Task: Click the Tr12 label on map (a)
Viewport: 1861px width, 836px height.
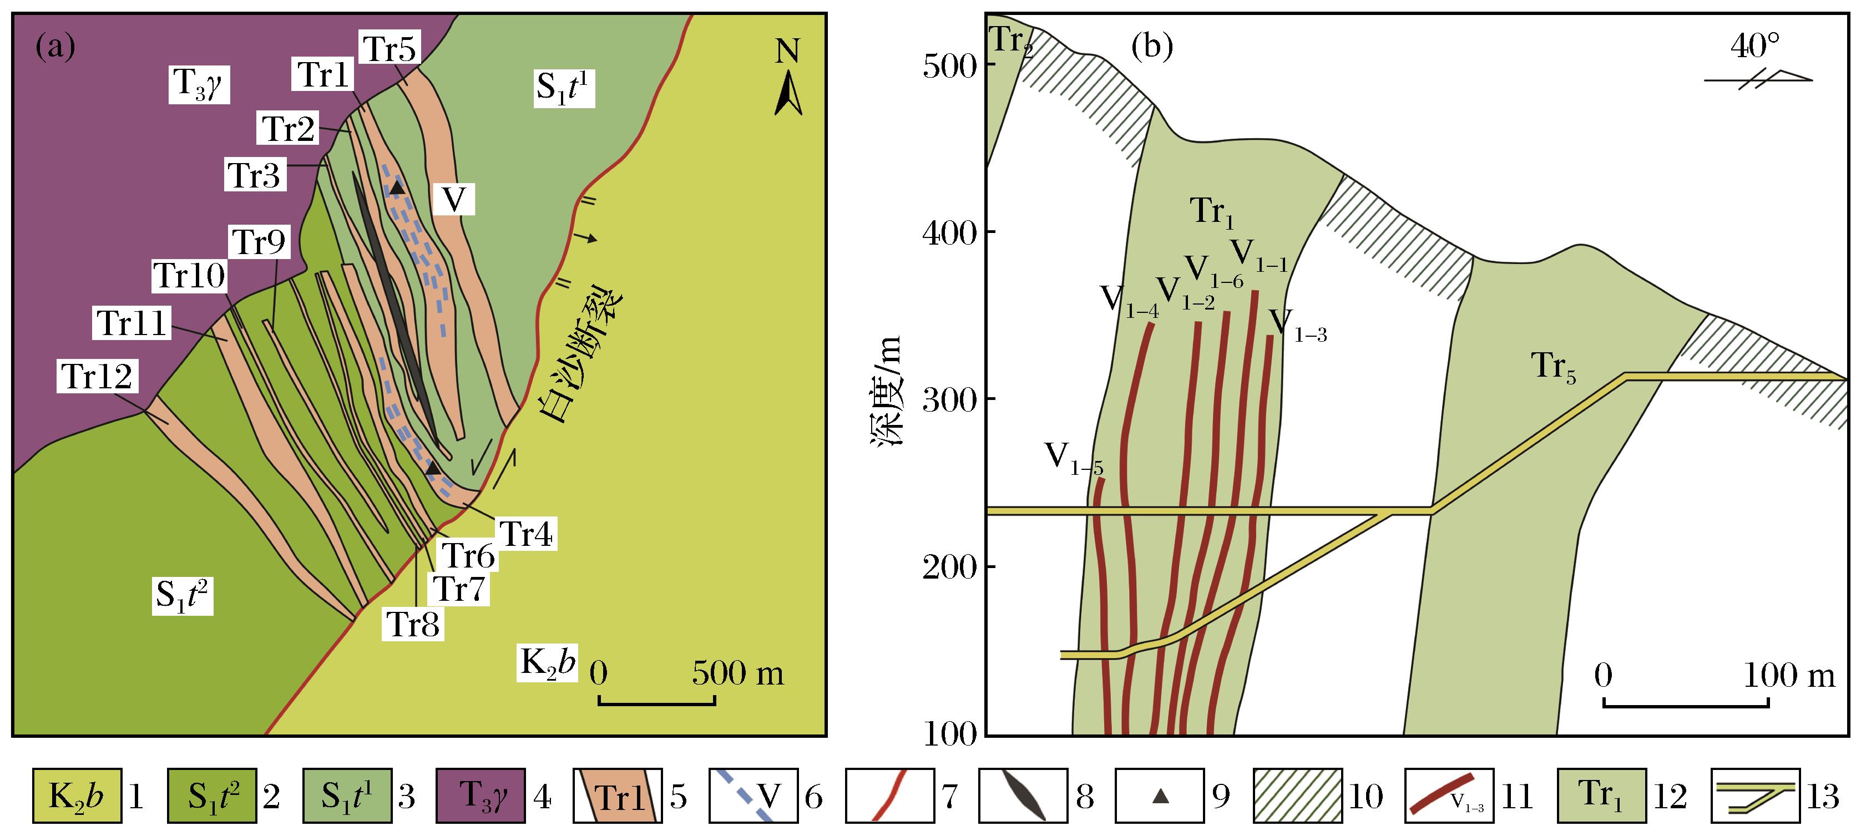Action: [97, 377]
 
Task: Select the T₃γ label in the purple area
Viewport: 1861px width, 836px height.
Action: [199, 84]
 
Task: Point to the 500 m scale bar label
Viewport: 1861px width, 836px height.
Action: [737, 673]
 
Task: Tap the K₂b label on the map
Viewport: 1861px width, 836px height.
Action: [548, 662]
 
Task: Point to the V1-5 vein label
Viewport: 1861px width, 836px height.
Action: [1074, 458]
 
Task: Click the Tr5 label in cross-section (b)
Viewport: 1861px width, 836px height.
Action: [1553, 368]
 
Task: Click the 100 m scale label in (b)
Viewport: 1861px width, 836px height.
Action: [1789, 676]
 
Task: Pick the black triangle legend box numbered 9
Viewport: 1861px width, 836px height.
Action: [1160, 796]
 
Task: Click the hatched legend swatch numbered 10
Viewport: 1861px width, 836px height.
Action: [1297, 796]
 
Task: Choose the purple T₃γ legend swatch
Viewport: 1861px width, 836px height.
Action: [481, 796]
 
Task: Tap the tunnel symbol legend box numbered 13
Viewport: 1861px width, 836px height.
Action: [1756, 796]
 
